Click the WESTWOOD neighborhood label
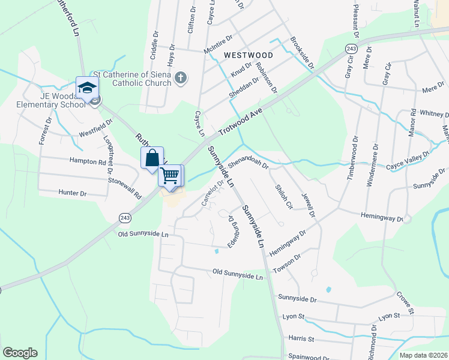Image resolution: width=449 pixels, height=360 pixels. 248,55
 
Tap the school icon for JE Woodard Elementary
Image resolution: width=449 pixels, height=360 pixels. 86,88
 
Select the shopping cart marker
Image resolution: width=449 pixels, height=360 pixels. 170,175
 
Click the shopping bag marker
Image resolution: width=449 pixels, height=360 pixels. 152,158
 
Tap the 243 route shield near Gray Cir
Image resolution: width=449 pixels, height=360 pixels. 351,48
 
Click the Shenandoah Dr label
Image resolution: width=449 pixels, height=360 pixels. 247,160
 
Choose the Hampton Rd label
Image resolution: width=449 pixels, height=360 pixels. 88,161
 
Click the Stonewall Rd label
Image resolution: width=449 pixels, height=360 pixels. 124,188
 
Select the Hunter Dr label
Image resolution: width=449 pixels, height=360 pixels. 73,193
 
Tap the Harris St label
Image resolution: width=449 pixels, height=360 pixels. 301,339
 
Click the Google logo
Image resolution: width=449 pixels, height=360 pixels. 20,353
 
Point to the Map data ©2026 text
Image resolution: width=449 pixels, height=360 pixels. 423,355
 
